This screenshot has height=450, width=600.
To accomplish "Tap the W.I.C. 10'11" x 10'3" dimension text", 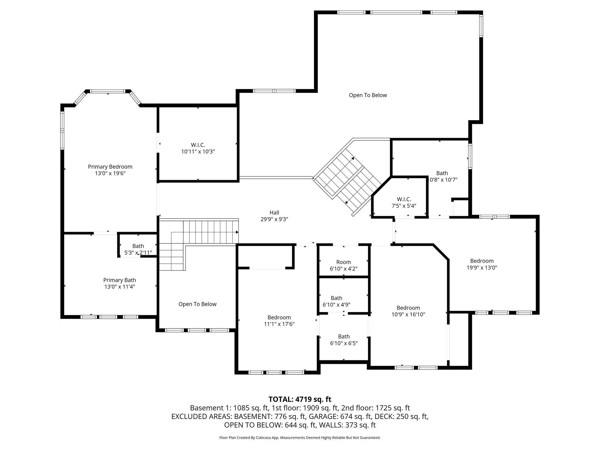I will pos(198,151).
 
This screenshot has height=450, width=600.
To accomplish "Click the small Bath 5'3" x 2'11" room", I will pos(138,249).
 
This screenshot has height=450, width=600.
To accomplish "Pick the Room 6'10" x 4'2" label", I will pos(343,265).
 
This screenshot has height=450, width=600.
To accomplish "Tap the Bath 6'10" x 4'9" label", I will pos(336,301).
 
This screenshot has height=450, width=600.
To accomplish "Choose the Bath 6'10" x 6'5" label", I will pos(344,340).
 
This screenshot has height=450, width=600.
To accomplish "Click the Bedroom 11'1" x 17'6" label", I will pos(279,321).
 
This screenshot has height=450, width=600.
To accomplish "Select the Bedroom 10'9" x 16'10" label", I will pos(408,311).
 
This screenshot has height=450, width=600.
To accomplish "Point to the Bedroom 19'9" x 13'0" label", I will pos(482,264).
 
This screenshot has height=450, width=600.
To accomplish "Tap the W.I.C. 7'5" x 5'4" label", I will pos(404,202).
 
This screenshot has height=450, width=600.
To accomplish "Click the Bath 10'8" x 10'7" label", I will pos(442,176).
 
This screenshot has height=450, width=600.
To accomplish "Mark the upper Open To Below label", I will pos(368,95).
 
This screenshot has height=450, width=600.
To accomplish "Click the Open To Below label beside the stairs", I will pos(197,304).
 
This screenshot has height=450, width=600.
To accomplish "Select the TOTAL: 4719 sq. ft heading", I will pos(300,399).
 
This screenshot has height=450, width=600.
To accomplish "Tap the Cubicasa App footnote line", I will pos(300,438).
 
